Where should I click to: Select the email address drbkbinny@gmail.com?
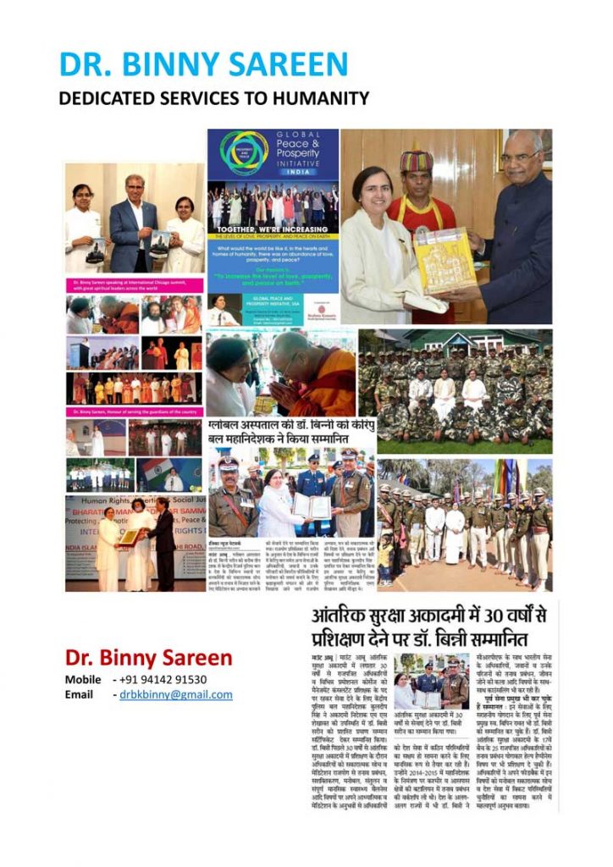[x=174, y=694]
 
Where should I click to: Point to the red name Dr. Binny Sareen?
[x=148, y=657]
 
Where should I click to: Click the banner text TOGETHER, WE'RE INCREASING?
[x=273, y=229]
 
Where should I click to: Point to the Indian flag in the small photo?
[x=153, y=471]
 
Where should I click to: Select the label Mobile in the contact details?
[x=84, y=679]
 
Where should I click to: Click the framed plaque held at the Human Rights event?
[x=129, y=537]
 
